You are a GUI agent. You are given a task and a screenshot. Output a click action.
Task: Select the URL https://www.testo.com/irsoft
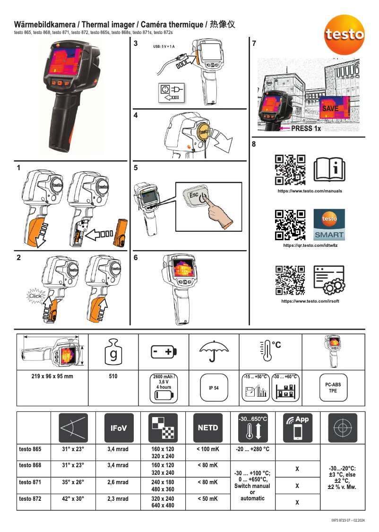tap(310, 301)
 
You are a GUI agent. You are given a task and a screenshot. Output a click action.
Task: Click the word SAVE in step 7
tap(330, 108)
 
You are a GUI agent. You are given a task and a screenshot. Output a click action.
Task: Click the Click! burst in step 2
tap(35, 296)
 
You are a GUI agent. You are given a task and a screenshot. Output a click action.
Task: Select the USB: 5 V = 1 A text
tap(164, 46)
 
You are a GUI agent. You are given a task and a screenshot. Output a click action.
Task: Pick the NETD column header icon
tap(208, 427)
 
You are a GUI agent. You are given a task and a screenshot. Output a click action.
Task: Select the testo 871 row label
tap(30, 482)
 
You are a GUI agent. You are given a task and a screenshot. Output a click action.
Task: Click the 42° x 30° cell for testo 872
tap(73, 498)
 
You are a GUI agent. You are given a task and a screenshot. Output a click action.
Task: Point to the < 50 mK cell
tap(208, 498)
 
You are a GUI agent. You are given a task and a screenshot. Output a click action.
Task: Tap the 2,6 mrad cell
tap(118, 482)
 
